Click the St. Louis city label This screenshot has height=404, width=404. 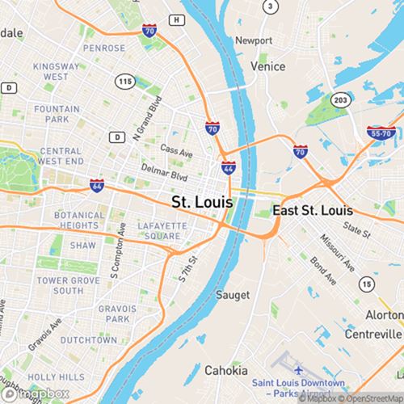pos(202,200)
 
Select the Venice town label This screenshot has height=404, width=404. pos(268,66)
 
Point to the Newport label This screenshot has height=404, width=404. pos(254,40)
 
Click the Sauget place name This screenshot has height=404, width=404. pos(232,296)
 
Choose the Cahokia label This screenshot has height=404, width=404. pos(225,371)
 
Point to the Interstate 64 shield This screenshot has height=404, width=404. pos(96,185)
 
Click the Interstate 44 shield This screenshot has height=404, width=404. pos(229,168)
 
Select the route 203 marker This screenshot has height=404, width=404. pos(341,99)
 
